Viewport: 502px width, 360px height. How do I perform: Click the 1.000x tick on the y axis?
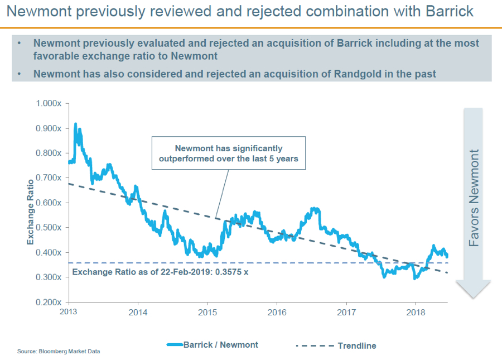(49, 103)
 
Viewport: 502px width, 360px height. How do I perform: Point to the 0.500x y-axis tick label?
(49, 228)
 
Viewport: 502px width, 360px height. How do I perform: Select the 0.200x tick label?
(49, 302)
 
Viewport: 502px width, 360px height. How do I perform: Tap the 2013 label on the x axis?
(69, 311)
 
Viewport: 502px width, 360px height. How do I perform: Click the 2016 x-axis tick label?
(277, 311)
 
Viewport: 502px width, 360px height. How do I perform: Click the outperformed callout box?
(229, 153)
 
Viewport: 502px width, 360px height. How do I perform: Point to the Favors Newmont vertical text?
(474, 198)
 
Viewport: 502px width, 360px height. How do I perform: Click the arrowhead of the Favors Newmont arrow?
(474, 290)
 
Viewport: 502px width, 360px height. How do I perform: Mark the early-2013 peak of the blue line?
(75, 124)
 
